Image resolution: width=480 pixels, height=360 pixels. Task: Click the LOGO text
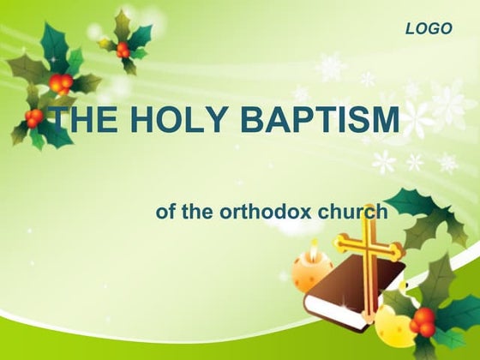tap(428, 29)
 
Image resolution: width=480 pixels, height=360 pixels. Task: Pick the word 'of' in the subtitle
tap(165, 212)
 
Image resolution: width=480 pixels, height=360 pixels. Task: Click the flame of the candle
tap(314, 248)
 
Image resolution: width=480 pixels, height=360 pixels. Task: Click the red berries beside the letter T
tap(34, 117)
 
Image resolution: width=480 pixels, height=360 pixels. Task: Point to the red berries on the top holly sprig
tap(123, 49)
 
